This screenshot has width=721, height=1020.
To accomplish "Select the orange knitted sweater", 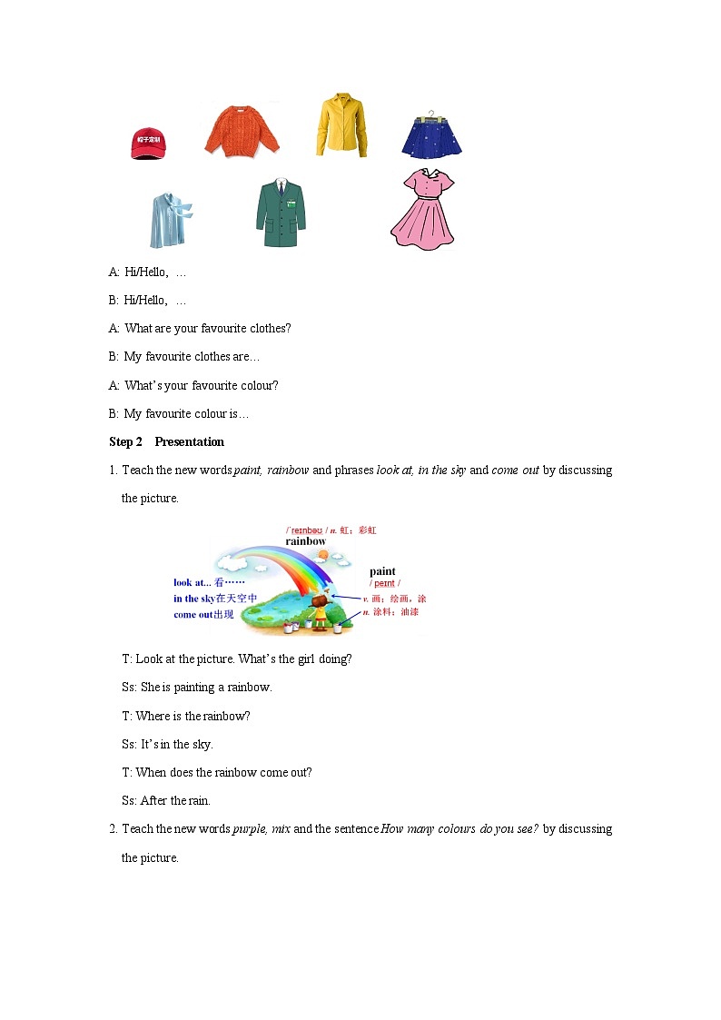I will [x=242, y=131].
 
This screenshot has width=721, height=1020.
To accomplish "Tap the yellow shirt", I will [x=341, y=124].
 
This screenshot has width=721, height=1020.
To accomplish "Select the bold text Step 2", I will [x=125, y=442].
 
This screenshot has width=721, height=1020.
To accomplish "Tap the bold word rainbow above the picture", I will [x=305, y=541].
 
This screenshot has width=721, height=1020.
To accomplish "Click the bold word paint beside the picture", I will [x=382, y=571].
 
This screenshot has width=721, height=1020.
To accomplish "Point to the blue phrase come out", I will [x=194, y=614].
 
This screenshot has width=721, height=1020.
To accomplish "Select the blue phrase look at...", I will [x=193, y=583].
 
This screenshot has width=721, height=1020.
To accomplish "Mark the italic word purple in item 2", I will [x=251, y=829].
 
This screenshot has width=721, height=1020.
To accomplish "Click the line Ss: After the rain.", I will [x=166, y=801].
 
